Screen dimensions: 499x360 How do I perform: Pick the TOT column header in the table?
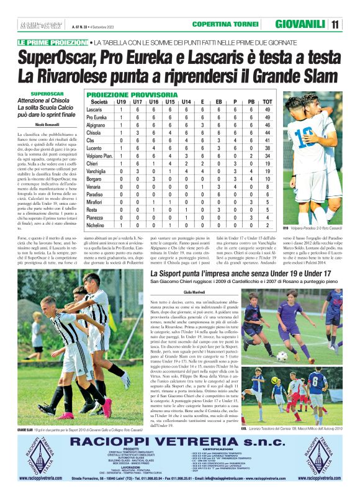click(267, 102)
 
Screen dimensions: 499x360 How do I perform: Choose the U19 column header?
click(121, 102)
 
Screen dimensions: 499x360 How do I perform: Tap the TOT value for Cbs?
click(267, 140)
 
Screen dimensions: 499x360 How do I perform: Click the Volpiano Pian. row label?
click(99, 156)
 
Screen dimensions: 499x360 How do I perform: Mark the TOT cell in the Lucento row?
click(267, 148)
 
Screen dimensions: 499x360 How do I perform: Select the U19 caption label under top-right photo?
click(286, 228)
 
